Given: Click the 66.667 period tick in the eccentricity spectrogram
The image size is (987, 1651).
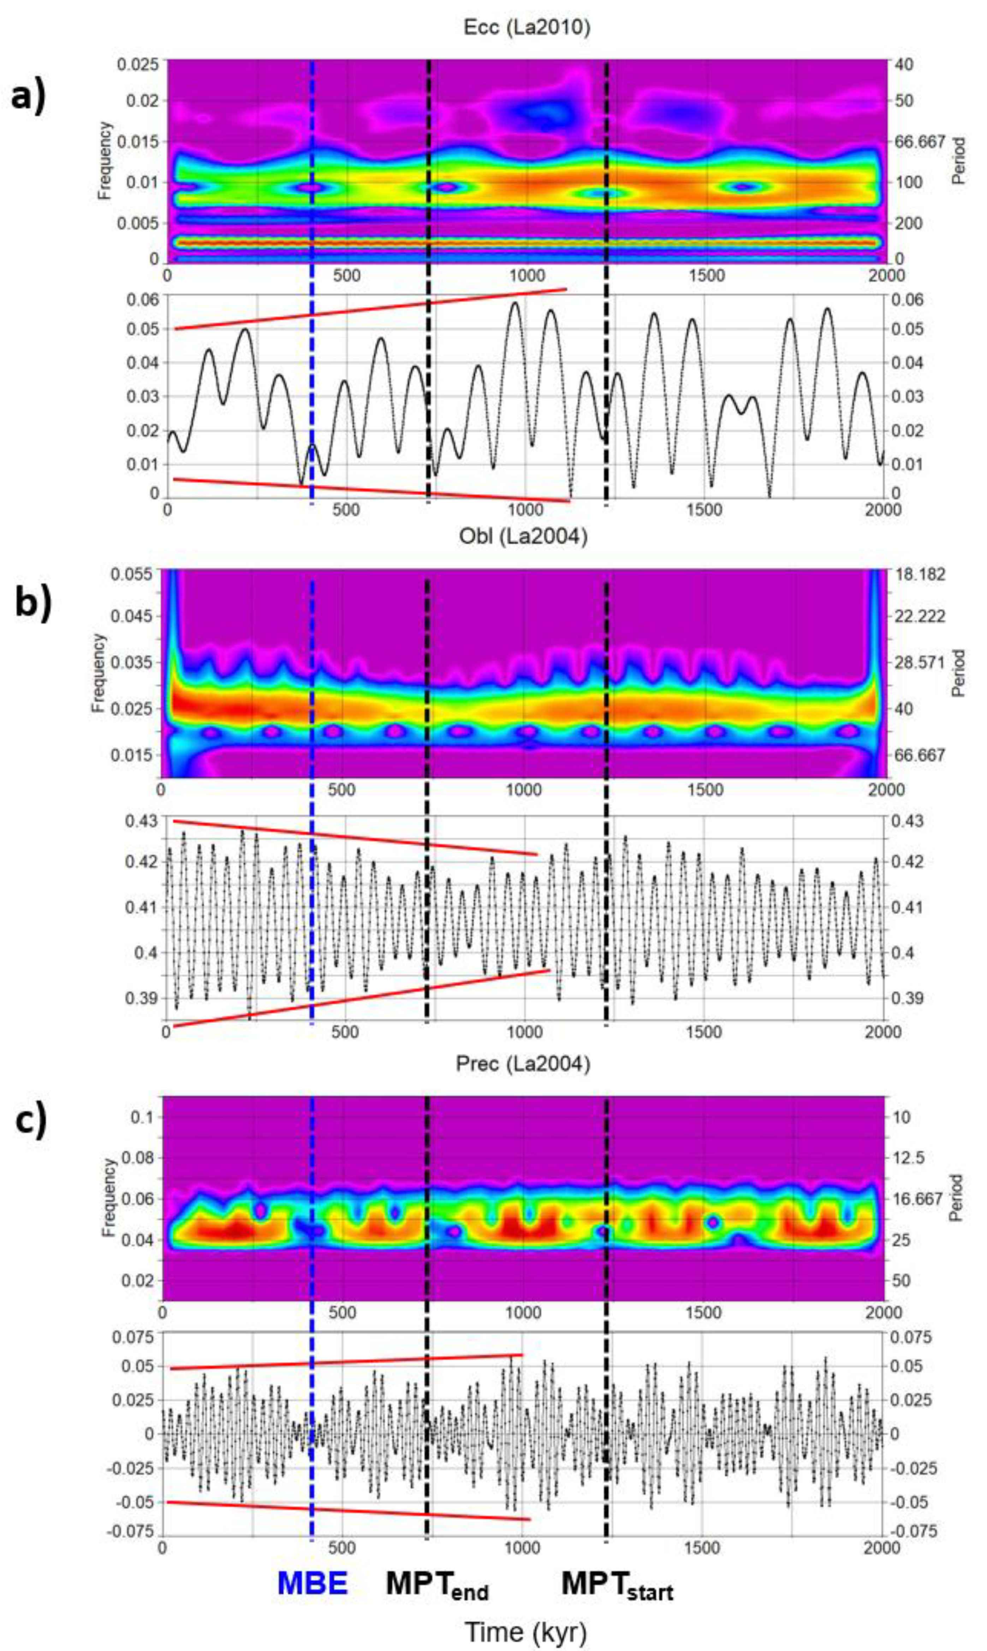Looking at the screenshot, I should click(x=921, y=142).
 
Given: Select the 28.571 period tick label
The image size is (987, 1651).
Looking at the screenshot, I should click(x=919, y=662).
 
